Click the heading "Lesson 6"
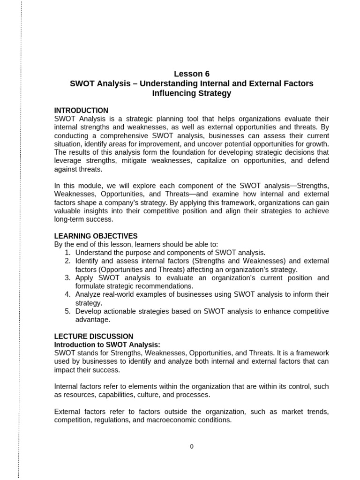192,74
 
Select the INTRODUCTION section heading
81,111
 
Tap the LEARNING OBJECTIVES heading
96,236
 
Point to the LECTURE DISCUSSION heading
94,336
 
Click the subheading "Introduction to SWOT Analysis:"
107,345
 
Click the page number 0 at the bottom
192,446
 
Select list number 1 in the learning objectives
67,253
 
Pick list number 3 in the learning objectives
67,278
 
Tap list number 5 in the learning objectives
67,312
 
